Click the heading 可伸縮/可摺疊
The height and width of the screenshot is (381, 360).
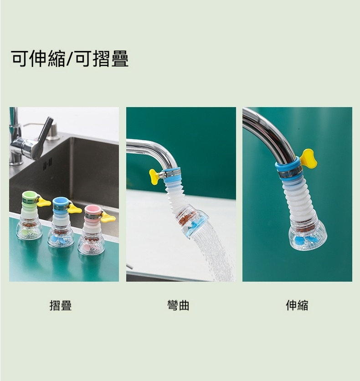click(70, 58)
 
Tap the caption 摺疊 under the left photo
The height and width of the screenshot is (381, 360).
click(61, 305)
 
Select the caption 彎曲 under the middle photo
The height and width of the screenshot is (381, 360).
click(178, 305)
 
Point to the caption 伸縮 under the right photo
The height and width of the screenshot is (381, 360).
click(297, 305)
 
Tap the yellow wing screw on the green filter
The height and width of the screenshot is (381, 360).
click(44, 202)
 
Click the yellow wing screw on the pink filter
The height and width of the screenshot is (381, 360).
click(108, 217)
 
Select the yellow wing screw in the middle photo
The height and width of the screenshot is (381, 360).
click(154, 177)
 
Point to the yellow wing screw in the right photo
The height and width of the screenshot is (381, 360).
click(308, 159)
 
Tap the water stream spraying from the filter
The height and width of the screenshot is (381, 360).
click(213, 252)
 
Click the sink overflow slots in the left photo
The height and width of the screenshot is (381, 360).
click(47, 164)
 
